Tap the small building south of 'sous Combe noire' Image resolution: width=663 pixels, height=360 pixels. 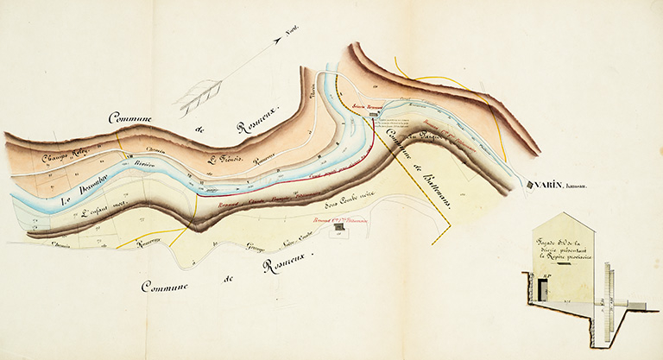(x=339, y=226)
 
